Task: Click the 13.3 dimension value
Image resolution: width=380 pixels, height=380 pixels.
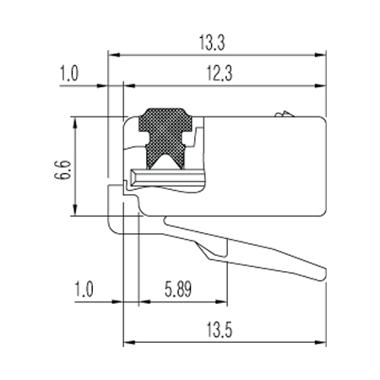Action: click(212, 43)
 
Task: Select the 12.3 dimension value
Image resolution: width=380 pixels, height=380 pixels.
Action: click(220, 73)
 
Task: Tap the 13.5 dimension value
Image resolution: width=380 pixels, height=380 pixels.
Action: click(220, 330)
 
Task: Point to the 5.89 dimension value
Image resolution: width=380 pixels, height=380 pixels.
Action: click(178, 289)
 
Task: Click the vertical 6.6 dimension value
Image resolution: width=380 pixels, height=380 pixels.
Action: click(62, 170)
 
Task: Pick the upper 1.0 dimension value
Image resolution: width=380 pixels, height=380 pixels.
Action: click(69, 73)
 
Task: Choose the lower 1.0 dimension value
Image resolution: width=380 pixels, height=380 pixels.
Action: click(84, 289)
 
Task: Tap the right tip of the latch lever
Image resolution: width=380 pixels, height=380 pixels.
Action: click(326, 273)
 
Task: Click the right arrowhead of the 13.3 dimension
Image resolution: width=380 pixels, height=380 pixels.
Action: click(320, 55)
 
